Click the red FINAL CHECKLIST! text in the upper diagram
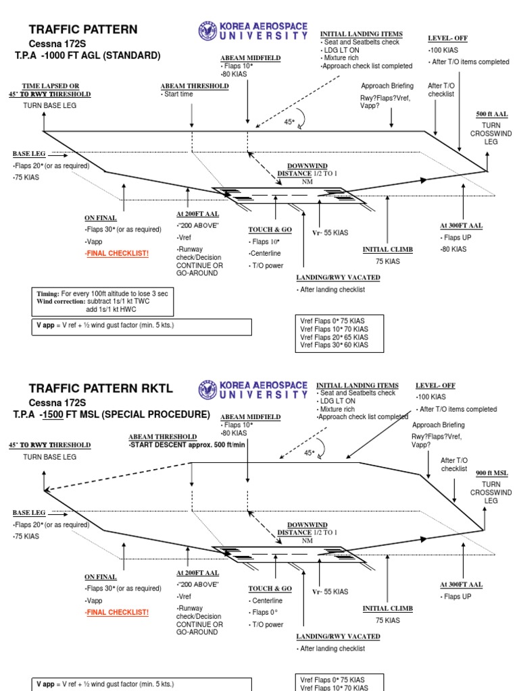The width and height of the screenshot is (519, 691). (x=116, y=253)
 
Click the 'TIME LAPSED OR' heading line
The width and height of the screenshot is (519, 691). (x=51, y=86)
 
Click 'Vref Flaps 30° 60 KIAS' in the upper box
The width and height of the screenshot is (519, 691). (x=335, y=345)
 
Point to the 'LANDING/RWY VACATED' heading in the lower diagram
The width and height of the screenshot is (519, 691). (x=338, y=636)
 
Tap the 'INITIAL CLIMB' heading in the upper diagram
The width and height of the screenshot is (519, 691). (x=387, y=250)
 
